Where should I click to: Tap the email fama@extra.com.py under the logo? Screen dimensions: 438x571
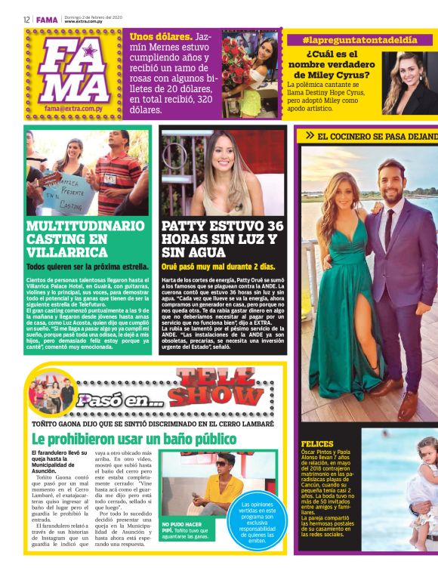(x=74, y=109)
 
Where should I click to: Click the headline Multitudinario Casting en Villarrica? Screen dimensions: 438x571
(x=85, y=238)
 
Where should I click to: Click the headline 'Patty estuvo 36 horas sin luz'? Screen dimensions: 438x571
(x=223, y=238)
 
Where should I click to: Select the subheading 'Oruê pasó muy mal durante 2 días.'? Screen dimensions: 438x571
(x=217, y=267)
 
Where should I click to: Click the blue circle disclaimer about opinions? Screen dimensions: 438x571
(x=253, y=522)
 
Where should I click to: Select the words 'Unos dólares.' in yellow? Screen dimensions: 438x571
(x=160, y=36)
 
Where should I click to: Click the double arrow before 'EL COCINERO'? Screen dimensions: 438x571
(x=309, y=135)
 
